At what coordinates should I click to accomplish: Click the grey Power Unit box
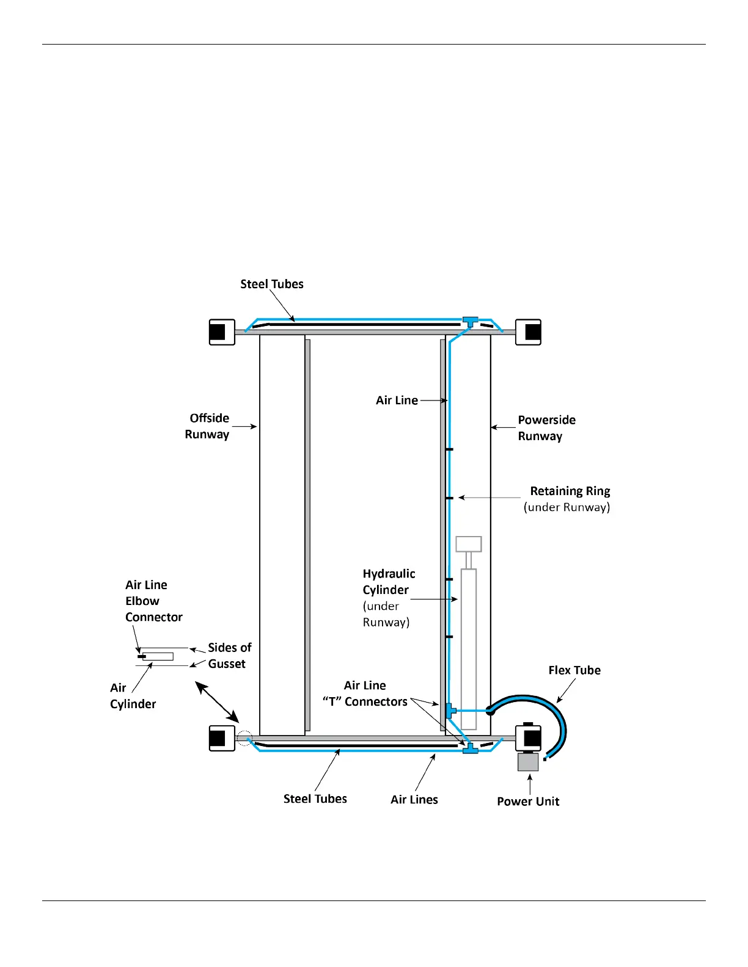pyautogui.click(x=528, y=762)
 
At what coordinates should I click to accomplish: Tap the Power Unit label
pyautogui.click(x=528, y=801)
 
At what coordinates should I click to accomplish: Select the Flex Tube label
pyautogui.click(x=574, y=670)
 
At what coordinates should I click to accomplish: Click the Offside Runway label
pyautogui.click(x=208, y=426)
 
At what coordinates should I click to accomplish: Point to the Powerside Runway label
pyautogui.click(x=546, y=428)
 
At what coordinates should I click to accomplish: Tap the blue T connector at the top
pyautogui.click(x=469, y=321)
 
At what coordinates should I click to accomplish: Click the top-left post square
pyautogui.click(x=222, y=332)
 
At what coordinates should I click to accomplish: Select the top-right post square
pyautogui.click(x=529, y=332)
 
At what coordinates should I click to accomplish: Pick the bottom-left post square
pyautogui.click(x=222, y=738)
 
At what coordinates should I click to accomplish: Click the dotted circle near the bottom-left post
pyautogui.click(x=244, y=738)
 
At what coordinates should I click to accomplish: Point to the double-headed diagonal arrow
pyautogui.click(x=217, y=703)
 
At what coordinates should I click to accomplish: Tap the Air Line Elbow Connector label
pyautogui.click(x=153, y=601)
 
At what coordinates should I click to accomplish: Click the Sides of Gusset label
pyautogui.click(x=229, y=656)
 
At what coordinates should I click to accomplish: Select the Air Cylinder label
pyautogui.click(x=133, y=696)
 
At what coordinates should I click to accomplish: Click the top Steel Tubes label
pyautogui.click(x=272, y=284)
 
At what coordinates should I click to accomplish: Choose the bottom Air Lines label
pyautogui.click(x=414, y=800)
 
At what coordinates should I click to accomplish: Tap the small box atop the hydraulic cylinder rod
pyautogui.click(x=469, y=544)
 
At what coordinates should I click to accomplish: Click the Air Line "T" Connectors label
pyautogui.click(x=365, y=694)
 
